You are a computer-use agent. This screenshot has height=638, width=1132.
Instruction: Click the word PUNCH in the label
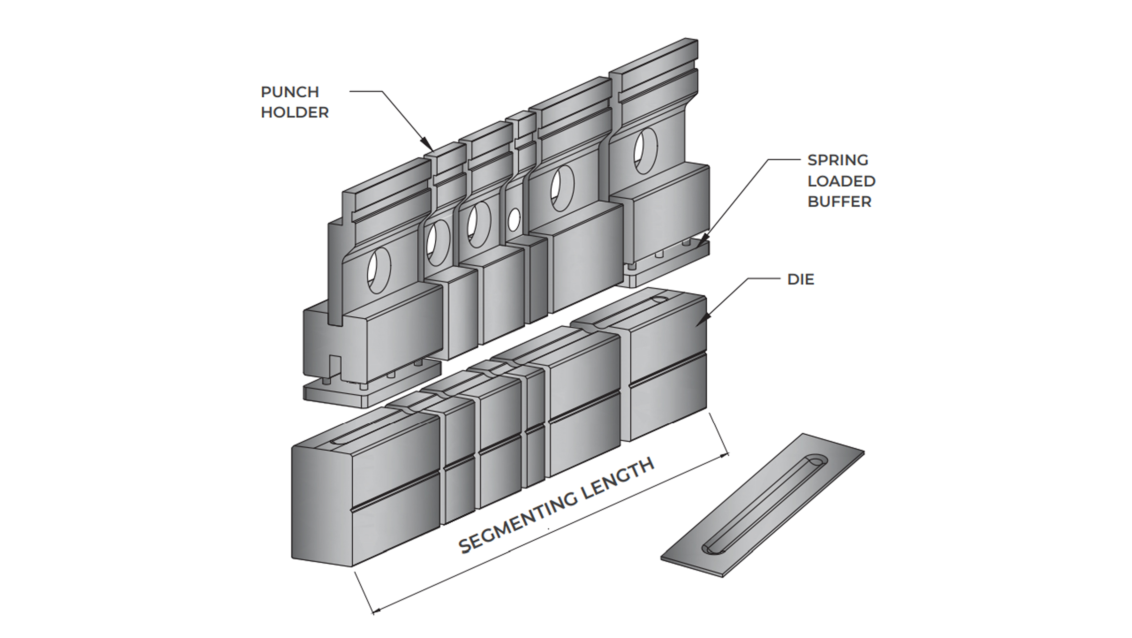(x=290, y=92)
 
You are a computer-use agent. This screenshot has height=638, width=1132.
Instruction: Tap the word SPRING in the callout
(x=837, y=160)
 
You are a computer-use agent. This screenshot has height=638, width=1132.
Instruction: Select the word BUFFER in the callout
(x=839, y=201)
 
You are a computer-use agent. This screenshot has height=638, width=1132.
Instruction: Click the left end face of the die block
(x=322, y=506)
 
